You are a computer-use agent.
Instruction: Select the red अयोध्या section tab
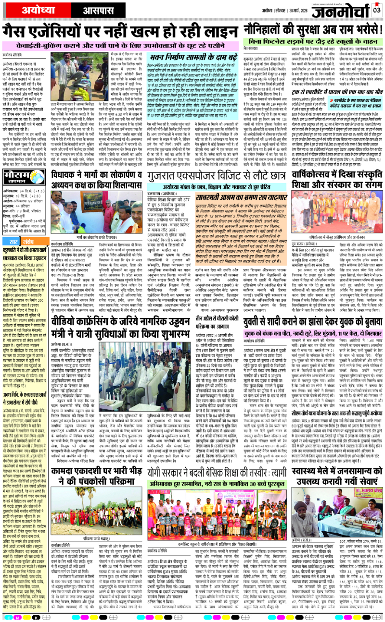click(x=28, y=10)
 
